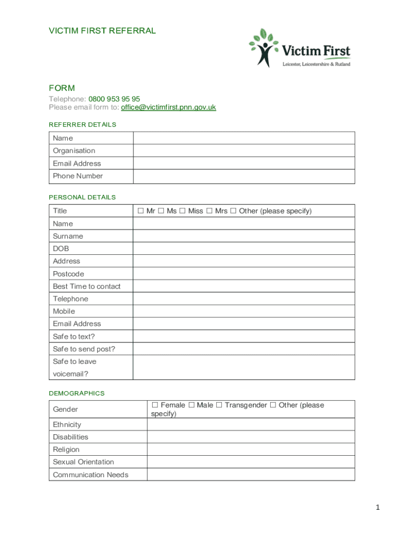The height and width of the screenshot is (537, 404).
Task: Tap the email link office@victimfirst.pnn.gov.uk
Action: click(x=168, y=107)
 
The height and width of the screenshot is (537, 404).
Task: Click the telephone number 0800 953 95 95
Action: click(x=114, y=99)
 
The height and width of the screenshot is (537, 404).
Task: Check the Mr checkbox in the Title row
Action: click(x=141, y=211)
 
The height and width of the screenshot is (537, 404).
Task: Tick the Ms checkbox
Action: click(x=161, y=211)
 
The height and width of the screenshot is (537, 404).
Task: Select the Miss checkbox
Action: click(x=182, y=211)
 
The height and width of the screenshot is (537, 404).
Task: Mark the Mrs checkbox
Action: click(x=209, y=211)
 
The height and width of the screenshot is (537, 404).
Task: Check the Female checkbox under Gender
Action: click(x=155, y=405)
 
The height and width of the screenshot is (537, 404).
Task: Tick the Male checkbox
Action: click(x=192, y=405)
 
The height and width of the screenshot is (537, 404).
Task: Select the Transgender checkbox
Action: click(x=219, y=405)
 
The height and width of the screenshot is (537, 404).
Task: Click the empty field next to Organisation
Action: click(x=244, y=151)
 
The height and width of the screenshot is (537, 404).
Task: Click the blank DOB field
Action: click(x=244, y=249)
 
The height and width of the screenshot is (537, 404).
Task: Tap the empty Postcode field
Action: click(x=244, y=274)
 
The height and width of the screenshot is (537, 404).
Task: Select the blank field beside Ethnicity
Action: click(x=251, y=424)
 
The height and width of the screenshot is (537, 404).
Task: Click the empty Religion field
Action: click(x=251, y=449)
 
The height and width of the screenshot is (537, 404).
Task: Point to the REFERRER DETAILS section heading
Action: click(x=82, y=125)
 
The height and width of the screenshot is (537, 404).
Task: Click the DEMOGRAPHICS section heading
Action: click(x=77, y=393)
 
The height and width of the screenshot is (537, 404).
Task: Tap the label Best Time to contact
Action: click(x=87, y=286)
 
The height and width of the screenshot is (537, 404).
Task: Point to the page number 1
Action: click(x=377, y=507)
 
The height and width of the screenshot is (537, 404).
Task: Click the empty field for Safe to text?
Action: click(x=244, y=336)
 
